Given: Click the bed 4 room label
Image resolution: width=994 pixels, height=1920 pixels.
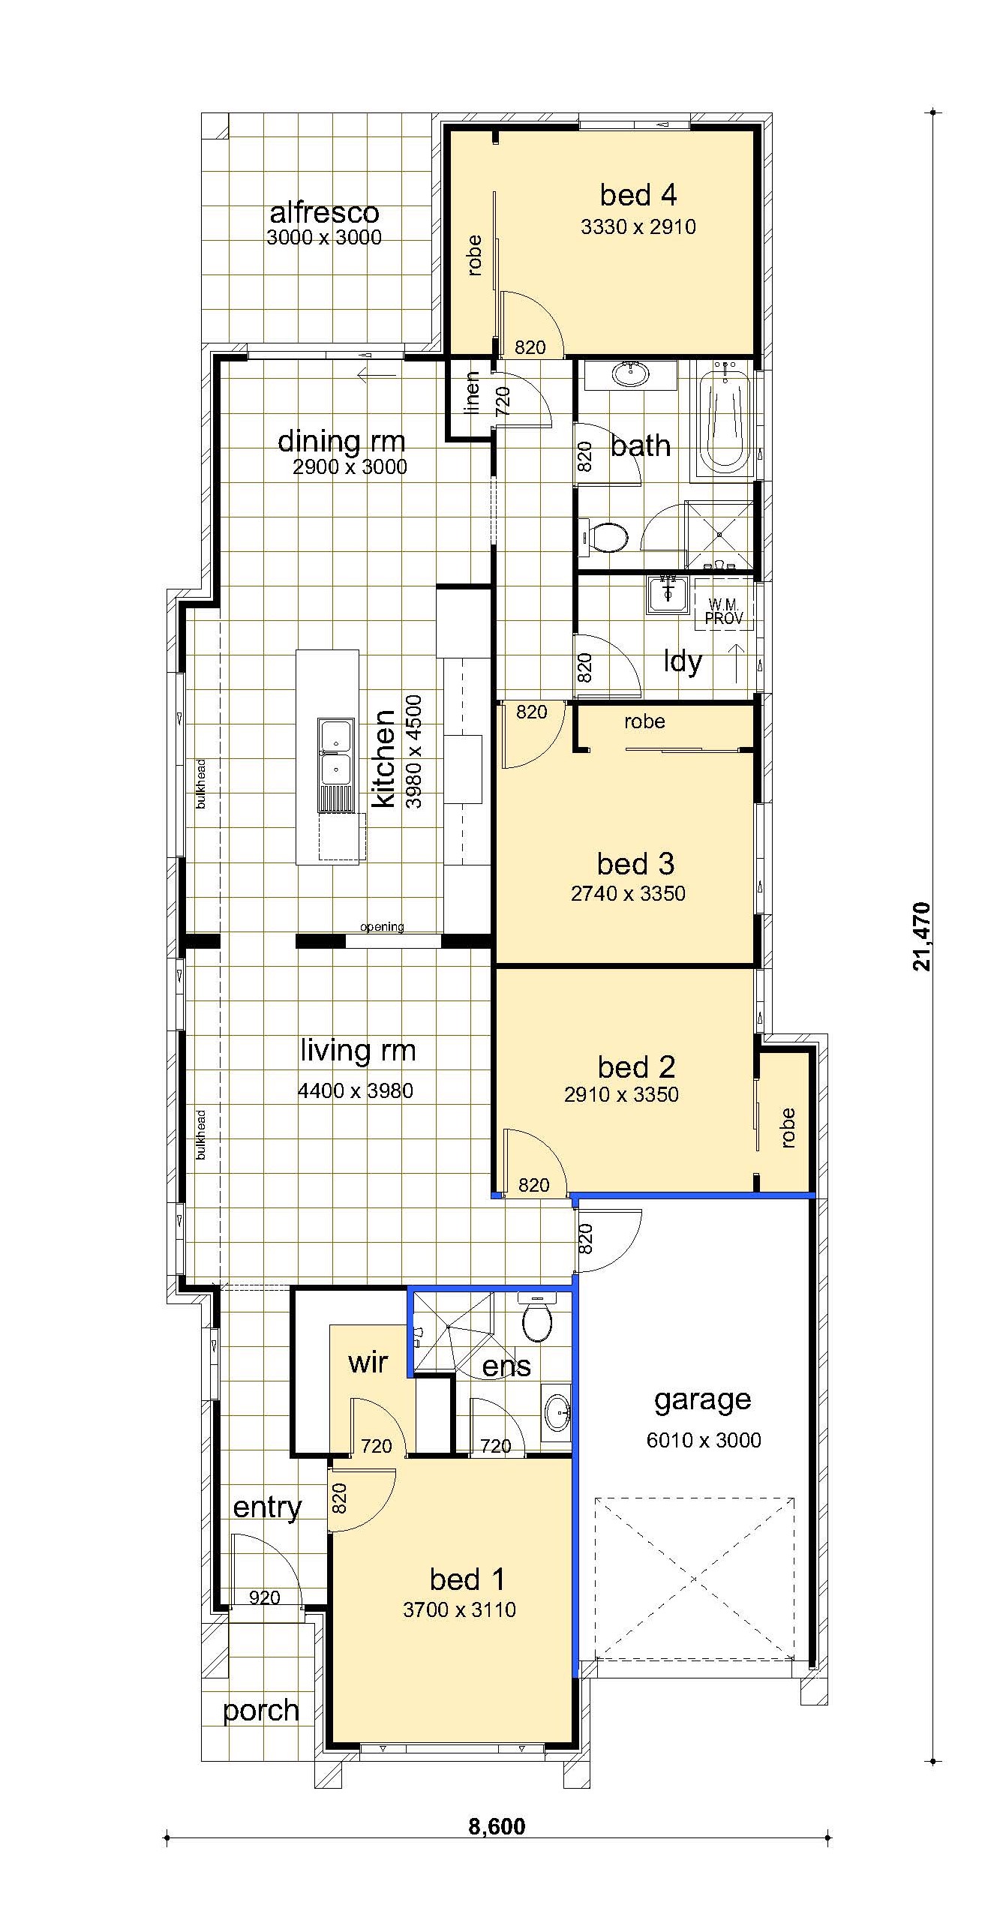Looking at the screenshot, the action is click(638, 195).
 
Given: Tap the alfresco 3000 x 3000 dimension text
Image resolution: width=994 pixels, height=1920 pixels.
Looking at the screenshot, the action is click(324, 238).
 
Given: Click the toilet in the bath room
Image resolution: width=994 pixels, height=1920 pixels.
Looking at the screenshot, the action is click(606, 537).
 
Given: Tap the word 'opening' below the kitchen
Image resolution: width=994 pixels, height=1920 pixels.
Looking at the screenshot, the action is click(382, 927).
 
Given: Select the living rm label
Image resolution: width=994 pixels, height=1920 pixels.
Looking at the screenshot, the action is click(358, 1051).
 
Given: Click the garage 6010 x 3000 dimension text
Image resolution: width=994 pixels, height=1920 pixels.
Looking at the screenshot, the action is click(704, 1440).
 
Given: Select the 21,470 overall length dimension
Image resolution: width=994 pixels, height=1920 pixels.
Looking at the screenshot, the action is click(922, 937).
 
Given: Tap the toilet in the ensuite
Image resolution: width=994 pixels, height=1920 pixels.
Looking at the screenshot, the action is click(537, 1318).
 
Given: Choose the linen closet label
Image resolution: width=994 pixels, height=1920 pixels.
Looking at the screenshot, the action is click(472, 393).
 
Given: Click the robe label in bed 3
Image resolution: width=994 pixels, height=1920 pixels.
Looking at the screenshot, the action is click(644, 721).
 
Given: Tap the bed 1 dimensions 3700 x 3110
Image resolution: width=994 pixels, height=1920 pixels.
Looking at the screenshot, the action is click(459, 1610).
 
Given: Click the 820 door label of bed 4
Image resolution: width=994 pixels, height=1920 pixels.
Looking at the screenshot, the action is click(530, 347).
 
